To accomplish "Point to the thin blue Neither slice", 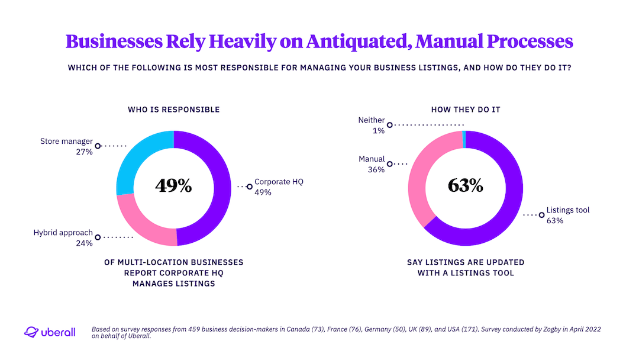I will click(x=464, y=139).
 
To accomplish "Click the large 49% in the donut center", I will click(x=173, y=186).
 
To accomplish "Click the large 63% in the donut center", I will click(x=465, y=185).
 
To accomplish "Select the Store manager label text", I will click(x=66, y=142).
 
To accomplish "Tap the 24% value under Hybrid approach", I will click(x=84, y=243).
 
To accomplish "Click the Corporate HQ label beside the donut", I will click(x=279, y=182).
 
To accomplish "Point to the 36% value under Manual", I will click(x=376, y=169).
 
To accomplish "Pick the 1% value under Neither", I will click(x=378, y=130).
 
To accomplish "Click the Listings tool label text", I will click(x=567, y=210).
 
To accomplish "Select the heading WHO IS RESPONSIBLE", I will click(x=173, y=110).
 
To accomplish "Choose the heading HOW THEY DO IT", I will click(x=465, y=110).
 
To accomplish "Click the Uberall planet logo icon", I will click(x=31, y=332).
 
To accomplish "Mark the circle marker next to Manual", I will click(x=389, y=163).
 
